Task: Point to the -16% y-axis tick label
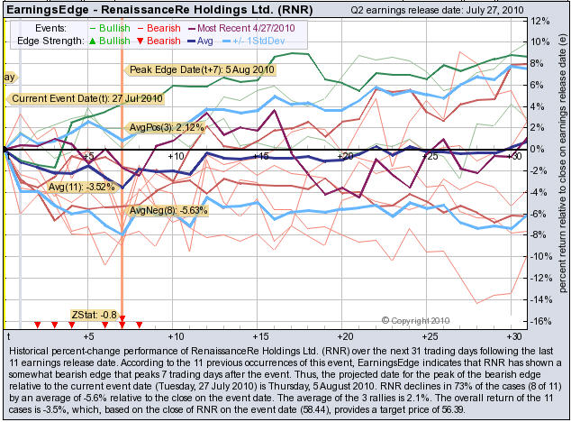pyautogui.click(x=540, y=322)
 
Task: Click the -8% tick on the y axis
pyautogui.click(x=540, y=235)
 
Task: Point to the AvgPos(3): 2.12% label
pyautogui.click(x=168, y=127)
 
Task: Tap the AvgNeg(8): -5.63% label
pyautogui.click(x=169, y=210)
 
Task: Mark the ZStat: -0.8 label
pyautogui.click(x=97, y=315)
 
